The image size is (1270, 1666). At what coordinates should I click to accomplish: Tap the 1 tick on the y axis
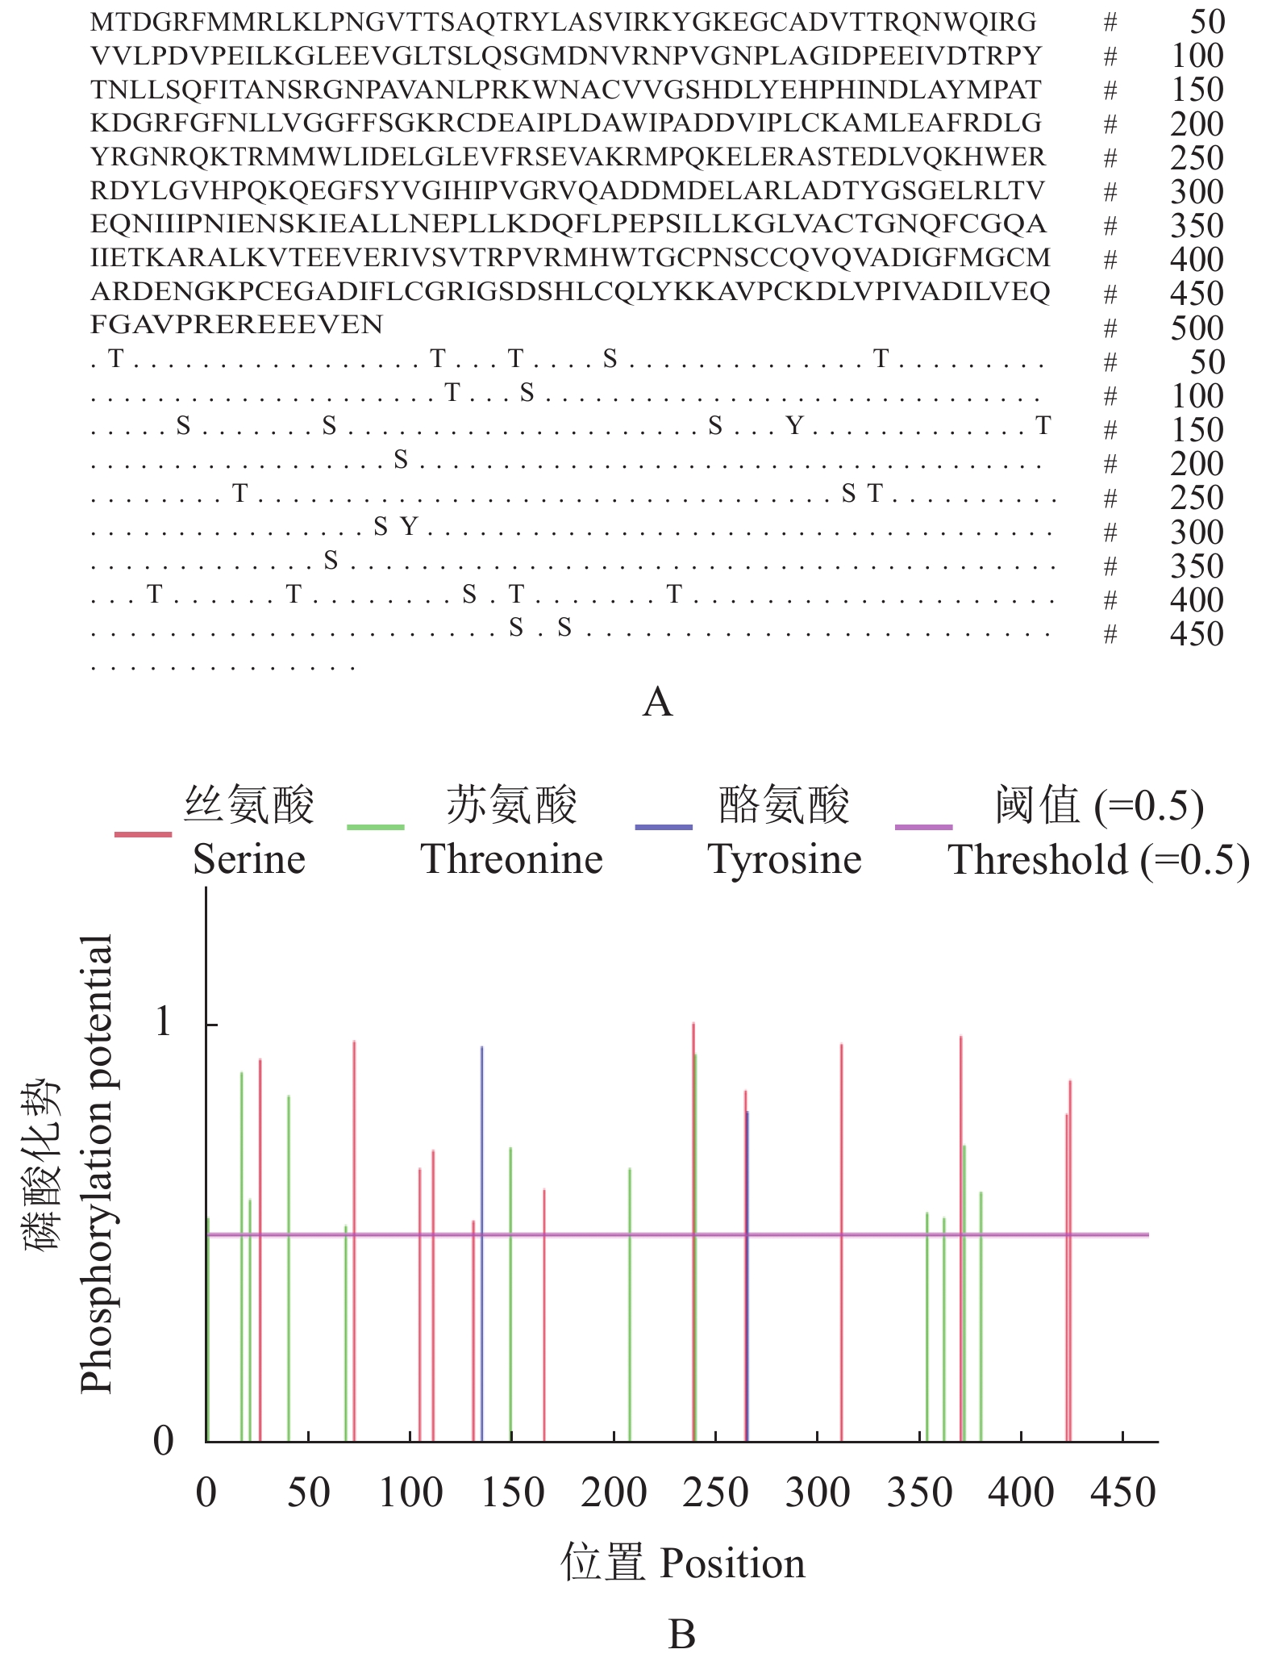164,1023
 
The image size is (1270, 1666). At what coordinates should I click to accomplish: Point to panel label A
657,702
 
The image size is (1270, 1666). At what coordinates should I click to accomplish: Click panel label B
682,1635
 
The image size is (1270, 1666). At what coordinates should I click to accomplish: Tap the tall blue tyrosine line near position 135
481,1242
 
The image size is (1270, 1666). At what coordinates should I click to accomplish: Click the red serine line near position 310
841,1242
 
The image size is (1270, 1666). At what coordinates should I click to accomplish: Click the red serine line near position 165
544,1315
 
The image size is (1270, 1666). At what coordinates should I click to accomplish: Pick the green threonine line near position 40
289,1267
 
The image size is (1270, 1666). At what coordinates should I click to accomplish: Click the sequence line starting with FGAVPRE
237,325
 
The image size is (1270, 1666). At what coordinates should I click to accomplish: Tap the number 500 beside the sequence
1197,328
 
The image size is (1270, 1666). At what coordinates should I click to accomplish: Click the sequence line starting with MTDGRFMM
563,22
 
